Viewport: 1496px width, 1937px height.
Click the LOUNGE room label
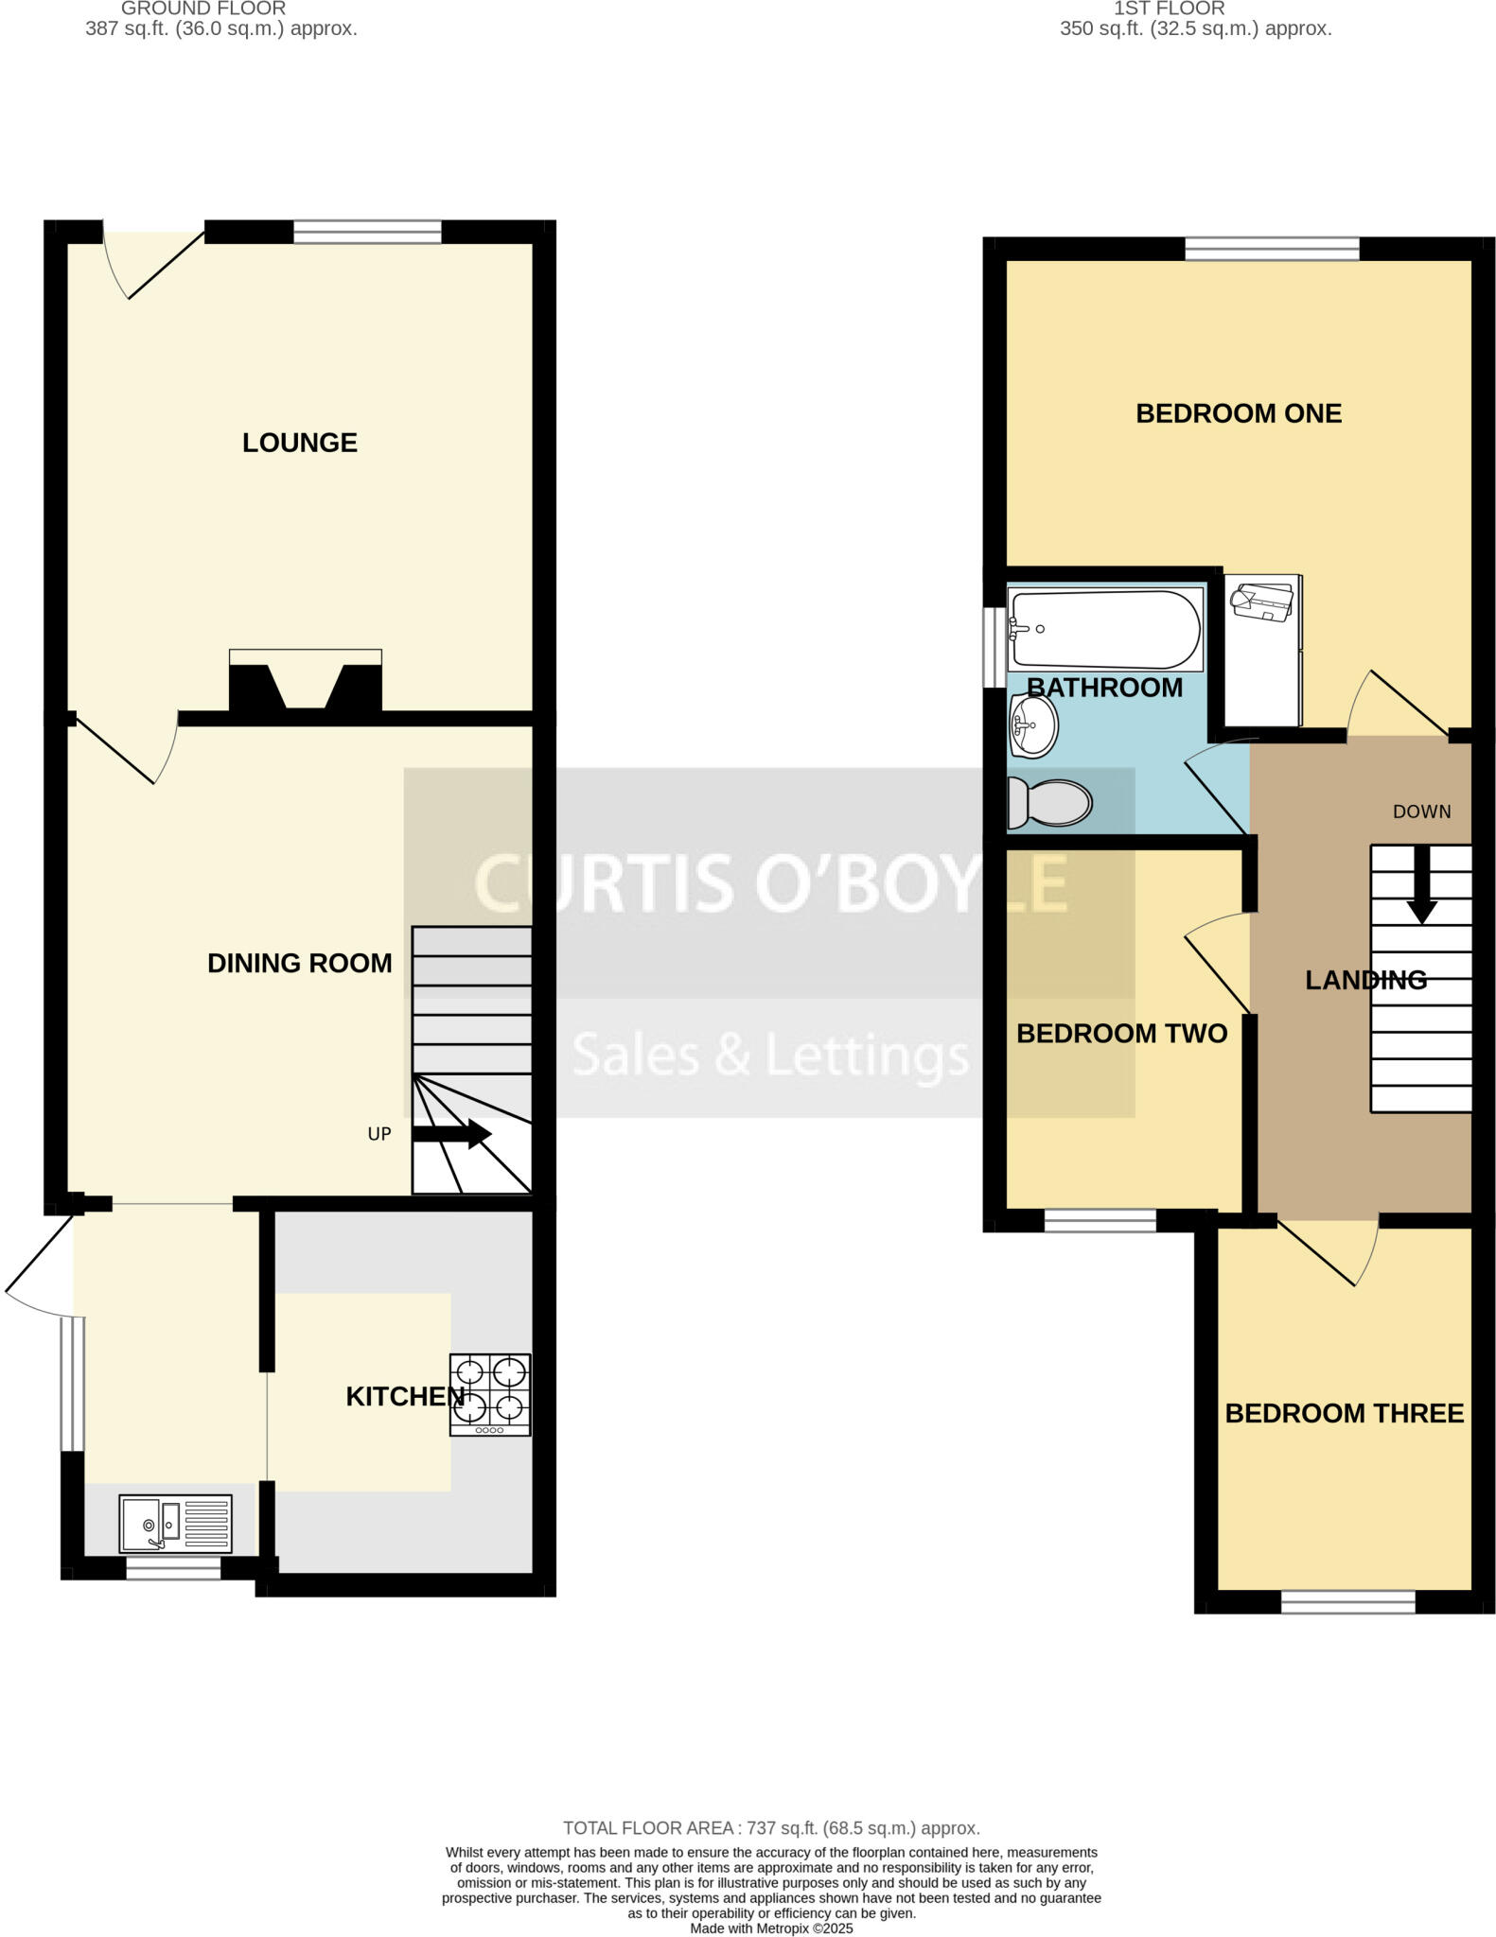pos(299,443)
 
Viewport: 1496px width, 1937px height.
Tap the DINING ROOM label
pos(299,963)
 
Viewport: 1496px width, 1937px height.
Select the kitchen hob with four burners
pos(490,1395)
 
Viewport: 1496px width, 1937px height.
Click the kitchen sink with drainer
pos(175,1523)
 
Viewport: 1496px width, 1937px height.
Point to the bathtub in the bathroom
pos(1105,630)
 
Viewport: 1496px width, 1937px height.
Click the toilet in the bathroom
pos(1048,802)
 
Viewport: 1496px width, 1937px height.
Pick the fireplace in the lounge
pos(305,683)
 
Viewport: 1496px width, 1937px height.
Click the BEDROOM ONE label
pos(1238,413)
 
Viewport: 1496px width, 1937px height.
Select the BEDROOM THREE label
pos(1344,1413)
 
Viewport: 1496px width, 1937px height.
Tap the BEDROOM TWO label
pos(1121,1033)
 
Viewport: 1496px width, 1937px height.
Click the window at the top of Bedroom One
pos(1271,249)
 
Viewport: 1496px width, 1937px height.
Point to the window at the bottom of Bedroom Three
pos(1347,1601)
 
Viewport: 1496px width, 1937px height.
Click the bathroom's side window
pos(993,647)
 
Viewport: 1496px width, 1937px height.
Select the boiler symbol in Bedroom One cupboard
pos(1262,602)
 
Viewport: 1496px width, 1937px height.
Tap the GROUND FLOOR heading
pos(203,9)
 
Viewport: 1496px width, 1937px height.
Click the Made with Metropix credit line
pos(771,1928)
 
